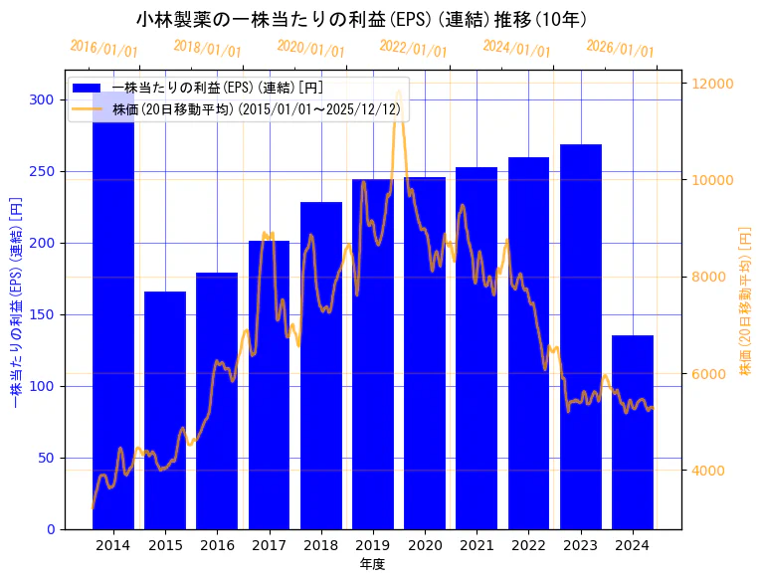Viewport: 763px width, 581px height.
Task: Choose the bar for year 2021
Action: coord(477,348)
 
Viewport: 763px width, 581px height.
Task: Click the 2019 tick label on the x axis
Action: coord(373,545)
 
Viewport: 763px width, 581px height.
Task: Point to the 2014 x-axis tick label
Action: coord(113,545)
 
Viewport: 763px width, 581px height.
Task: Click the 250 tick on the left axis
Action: coord(42,171)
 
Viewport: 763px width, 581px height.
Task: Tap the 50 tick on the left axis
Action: coord(46,458)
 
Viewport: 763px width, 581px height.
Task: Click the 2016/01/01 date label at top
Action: coord(104,49)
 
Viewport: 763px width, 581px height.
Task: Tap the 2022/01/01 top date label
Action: coord(414,49)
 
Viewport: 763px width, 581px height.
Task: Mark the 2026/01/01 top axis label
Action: coord(621,49)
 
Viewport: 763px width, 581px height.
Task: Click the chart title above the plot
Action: coord(361,19)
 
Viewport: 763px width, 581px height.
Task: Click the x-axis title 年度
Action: coord(373,564)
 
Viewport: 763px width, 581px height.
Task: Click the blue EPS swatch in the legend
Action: coord(88,88)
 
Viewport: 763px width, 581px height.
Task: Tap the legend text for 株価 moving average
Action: coord(260,108)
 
